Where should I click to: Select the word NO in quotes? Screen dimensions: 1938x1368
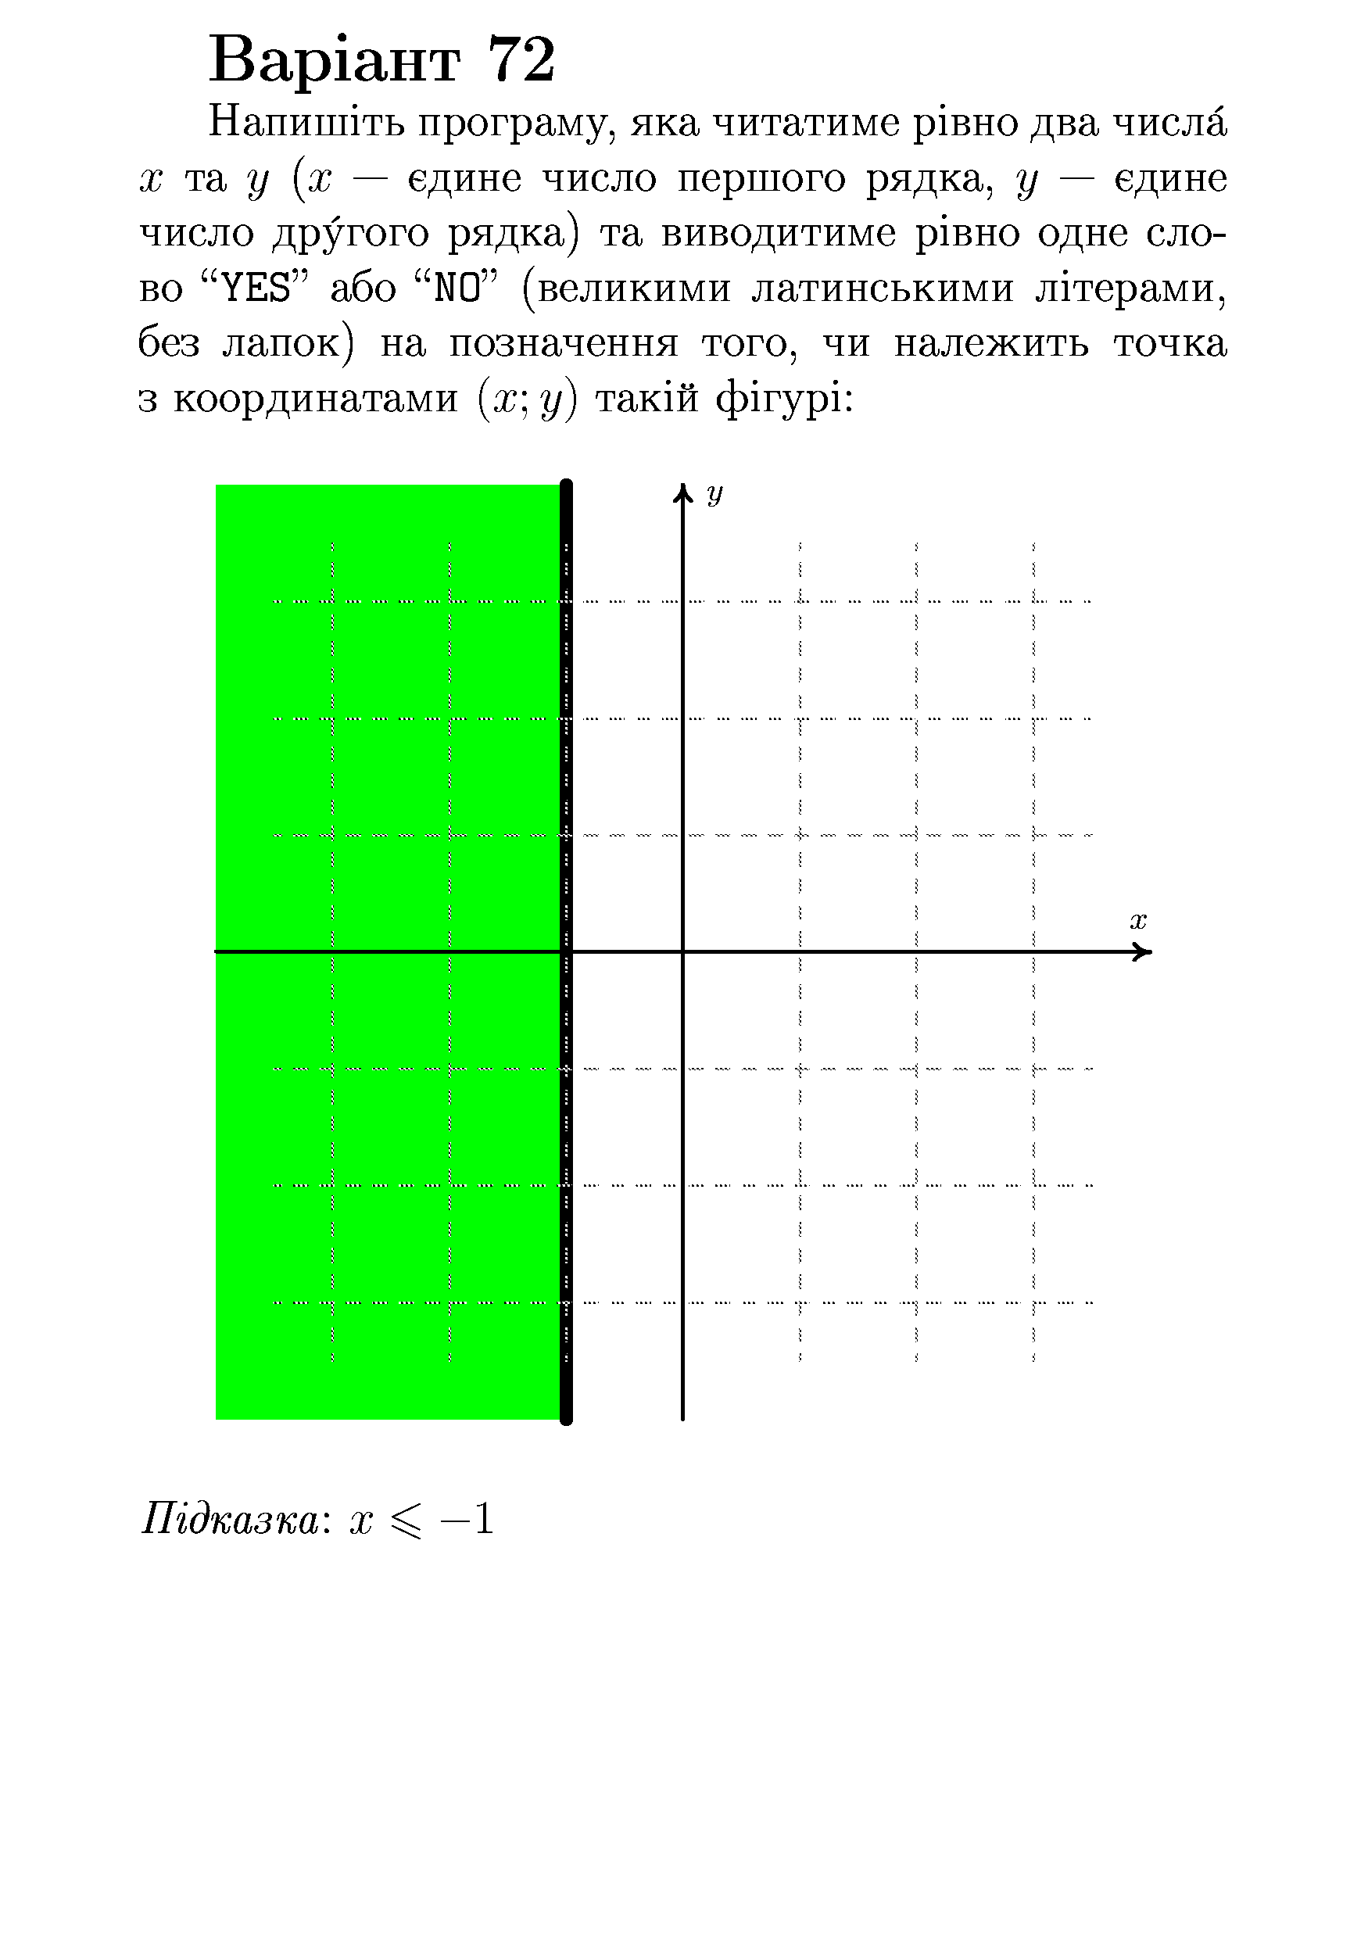coord(456,289)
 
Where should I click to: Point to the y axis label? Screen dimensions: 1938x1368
coord(714,493)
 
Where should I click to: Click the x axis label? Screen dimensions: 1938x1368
coord(1137,921)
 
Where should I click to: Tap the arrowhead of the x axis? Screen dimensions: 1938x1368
coord(1144,952)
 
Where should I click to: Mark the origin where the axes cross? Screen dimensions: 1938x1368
coord(682,952)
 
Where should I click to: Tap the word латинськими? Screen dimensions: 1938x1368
coord(882,289)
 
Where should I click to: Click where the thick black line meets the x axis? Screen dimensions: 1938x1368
coord(566,952)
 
